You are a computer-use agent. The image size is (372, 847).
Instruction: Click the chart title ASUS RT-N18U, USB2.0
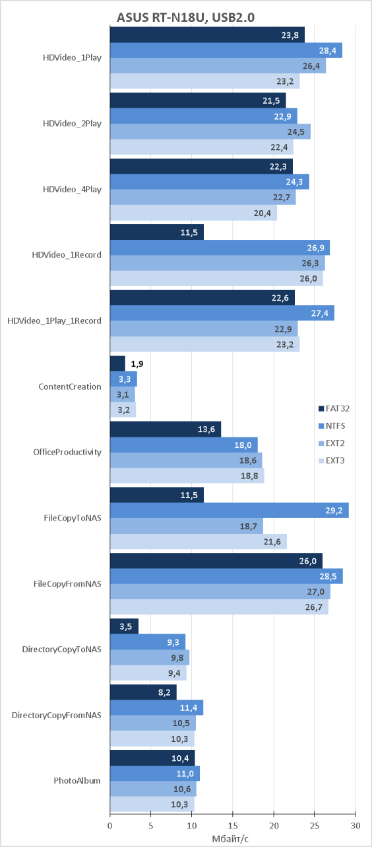pos(185,17)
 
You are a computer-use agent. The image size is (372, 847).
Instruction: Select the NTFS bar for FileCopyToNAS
pos(230,511)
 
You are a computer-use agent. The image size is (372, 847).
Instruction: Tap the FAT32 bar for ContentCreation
pos(117,363)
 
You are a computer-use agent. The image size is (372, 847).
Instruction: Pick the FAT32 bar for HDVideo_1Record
pos(157,232)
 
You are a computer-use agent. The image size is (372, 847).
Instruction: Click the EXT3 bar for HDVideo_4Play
pos(193,213)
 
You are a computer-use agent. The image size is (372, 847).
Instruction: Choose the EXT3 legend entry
pos(332,460)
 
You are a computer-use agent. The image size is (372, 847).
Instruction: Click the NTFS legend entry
pos(332,425)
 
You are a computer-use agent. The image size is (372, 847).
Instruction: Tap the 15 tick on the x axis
pos(233,825)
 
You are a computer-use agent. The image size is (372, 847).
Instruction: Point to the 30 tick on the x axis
pos(356,825)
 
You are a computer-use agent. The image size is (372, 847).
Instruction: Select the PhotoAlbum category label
pos(77,781)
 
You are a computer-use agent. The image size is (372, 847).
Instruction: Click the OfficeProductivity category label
pos(67,452)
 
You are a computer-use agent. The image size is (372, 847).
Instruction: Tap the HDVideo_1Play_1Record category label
pos(54,320)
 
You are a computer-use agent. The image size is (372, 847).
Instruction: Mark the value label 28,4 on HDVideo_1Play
pos(327,50)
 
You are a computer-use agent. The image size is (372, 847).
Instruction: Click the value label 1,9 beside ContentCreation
pos(137,364)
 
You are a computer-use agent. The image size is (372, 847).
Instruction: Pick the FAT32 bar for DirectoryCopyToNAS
pos(124,626)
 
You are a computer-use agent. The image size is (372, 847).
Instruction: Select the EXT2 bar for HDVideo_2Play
pos(210,131)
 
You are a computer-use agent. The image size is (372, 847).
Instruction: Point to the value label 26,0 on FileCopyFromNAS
pos(308,561)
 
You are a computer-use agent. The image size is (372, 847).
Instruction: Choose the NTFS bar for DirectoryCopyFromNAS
pos(157,708)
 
